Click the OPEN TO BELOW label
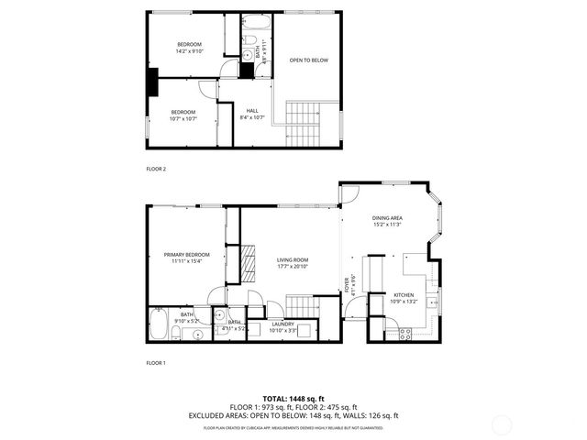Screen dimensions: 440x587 (x=308, y=60)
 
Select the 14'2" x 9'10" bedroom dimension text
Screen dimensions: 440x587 (x=190, y=51)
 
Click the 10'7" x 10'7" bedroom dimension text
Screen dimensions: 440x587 (x=183, y=118)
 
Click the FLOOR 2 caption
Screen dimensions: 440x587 (x=156, y=169)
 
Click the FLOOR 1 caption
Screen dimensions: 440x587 (x=156, y=364)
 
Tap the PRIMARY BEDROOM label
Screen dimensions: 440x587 (x=187, y=254)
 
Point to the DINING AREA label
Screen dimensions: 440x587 (x=389, y=217)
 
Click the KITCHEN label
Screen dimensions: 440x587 (x=404, y=295)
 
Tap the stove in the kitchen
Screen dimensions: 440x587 (x=404, y=334)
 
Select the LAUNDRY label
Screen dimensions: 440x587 (x=282, y=324)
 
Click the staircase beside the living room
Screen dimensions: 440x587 (x=301, y=304)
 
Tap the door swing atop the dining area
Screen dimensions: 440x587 (x=349, y=193)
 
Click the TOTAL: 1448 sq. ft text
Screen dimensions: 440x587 (x=293, y=399)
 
